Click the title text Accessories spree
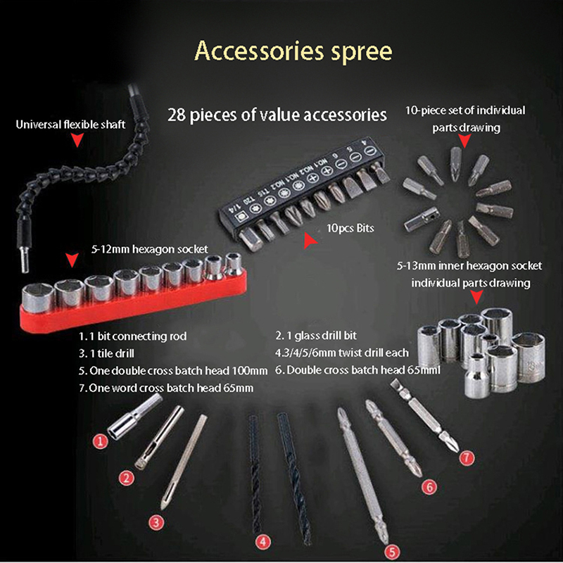pos(293,51)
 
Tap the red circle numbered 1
pos(101,441)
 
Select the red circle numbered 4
pos(262,541)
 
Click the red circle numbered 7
pos(467,457)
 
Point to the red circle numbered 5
pos(392,552)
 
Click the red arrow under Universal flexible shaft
pos(77,139)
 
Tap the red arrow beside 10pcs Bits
pos(310,241)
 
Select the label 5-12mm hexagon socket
pos(149,249)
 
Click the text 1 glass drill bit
pos(326,336)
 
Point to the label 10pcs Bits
pos(350,228)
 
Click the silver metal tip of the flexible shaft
pos(25,258)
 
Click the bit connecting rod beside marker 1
pos(134,417)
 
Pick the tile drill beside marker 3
pos(184,462)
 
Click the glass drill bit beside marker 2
pos(159,437)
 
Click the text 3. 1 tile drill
pos(106,353)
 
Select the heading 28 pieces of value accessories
pos(277,115)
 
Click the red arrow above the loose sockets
pos(477,297)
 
